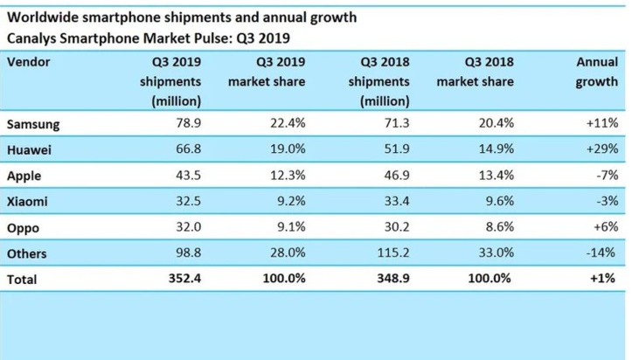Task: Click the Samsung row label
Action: click(33, 124)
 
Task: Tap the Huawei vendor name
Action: click(29, 150)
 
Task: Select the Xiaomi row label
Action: click(28, 201)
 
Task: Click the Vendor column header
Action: click(28, 63)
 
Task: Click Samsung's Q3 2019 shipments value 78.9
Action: click(188, 124)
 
